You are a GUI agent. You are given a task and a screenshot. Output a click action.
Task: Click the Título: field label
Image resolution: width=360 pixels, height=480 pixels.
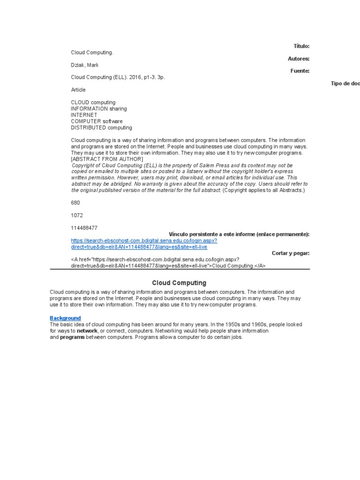click(301, 46)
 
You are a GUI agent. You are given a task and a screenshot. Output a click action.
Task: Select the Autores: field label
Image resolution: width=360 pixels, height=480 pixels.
click(299, 59)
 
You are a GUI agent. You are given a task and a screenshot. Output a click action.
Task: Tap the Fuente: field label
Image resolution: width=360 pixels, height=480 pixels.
click(300, 71)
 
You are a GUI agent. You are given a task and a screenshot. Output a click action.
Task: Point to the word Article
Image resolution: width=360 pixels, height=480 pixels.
click(78, 90)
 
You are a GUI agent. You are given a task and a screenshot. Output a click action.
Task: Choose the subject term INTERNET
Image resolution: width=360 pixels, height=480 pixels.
click(84, 115)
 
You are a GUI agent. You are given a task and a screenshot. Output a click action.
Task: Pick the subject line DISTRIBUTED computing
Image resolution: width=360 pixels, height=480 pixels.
click(101, 127)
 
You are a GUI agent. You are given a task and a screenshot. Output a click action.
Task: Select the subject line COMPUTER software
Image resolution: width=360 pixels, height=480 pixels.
click(97, 121)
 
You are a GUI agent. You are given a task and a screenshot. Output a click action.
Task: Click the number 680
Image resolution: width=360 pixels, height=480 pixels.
click(75, 203)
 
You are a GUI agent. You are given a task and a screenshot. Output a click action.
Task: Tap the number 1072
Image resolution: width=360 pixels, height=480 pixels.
click(77, 215)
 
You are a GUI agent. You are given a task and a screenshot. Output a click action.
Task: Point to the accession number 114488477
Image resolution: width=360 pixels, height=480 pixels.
click(84, 228)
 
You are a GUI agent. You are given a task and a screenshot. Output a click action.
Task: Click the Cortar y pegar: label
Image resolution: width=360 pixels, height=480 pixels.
click(291, 253)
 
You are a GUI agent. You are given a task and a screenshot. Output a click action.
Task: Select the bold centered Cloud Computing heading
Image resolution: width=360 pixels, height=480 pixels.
click(179, 283)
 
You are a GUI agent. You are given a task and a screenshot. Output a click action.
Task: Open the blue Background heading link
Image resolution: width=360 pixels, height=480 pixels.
click(65, 318)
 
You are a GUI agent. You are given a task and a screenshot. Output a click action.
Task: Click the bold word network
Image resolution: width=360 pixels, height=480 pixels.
click(87, 331)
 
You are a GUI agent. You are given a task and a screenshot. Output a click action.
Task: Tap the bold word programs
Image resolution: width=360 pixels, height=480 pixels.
click(72, 337)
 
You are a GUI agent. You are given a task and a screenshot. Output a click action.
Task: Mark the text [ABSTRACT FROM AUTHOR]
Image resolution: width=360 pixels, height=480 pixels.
click(107, 159)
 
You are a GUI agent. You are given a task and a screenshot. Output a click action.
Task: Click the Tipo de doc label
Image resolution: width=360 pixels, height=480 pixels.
click(345, 83)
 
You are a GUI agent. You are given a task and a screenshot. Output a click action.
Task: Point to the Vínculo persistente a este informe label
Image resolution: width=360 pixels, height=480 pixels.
click(239, 234)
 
